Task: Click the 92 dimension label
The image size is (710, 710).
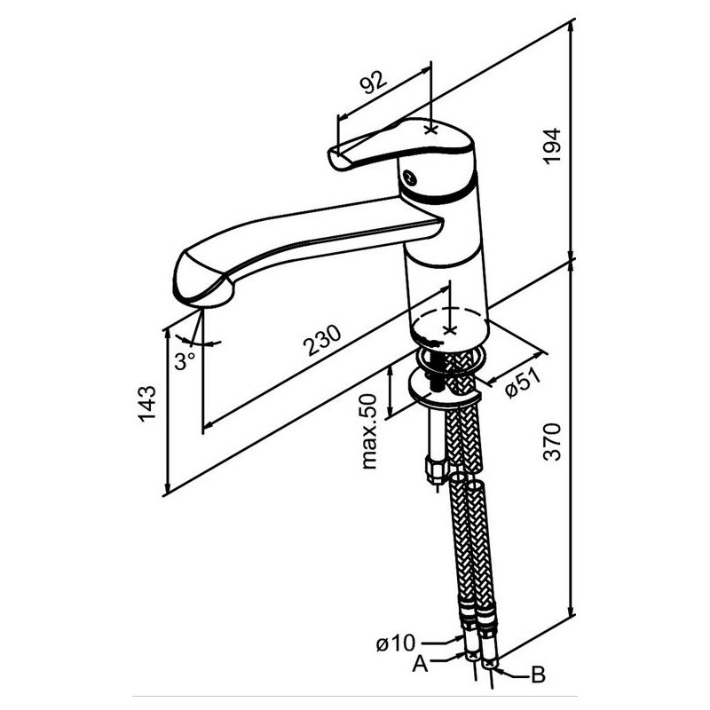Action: [x=374, y=82]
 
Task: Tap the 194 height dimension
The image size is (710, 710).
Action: [x=552, y=146]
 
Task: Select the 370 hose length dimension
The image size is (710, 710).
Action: [x=552, y=441]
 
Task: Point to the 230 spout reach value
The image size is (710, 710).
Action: [x=322, y=340]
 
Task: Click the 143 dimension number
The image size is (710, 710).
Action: [x=147, y=404]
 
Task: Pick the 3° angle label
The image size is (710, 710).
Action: [x=185, y=361]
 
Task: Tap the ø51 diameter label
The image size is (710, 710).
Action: [x=524, y=383]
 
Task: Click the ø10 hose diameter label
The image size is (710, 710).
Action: [x=395, y=643]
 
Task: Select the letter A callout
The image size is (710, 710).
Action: [x=420, y=664]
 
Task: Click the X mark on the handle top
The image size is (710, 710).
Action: [x=431, y=130]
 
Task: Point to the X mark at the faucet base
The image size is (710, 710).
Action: [x=450, y=330]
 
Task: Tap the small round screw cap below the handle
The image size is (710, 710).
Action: [x=409, y=177]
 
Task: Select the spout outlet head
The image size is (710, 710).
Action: [x=202, y=279]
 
